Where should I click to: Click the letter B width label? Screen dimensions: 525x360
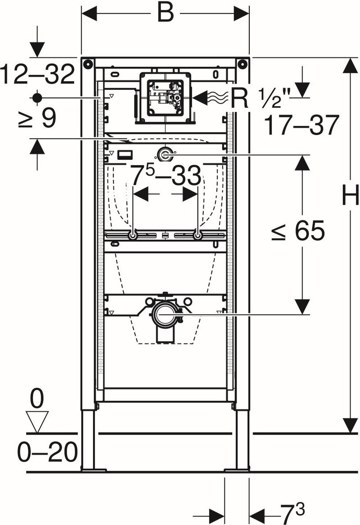coord(165,14)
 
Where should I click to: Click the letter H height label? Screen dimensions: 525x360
coord(350,197)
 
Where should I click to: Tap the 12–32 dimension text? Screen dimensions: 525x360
coord(37,74)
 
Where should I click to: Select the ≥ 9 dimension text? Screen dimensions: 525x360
coord(37,119)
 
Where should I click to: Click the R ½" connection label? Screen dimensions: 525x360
coord(262,98)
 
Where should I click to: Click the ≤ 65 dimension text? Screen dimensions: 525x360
coord(298,232)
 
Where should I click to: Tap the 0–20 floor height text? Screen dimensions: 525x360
coord(47,452)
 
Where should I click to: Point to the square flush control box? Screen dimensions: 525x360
coord(165,97)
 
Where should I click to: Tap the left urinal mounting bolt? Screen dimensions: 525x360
coord(133,236)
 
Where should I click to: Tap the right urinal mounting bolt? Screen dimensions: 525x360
coord(197,236)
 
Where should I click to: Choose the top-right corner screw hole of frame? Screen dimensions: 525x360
coord(243,63)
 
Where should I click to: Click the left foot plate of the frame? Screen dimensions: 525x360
coord(93,469)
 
